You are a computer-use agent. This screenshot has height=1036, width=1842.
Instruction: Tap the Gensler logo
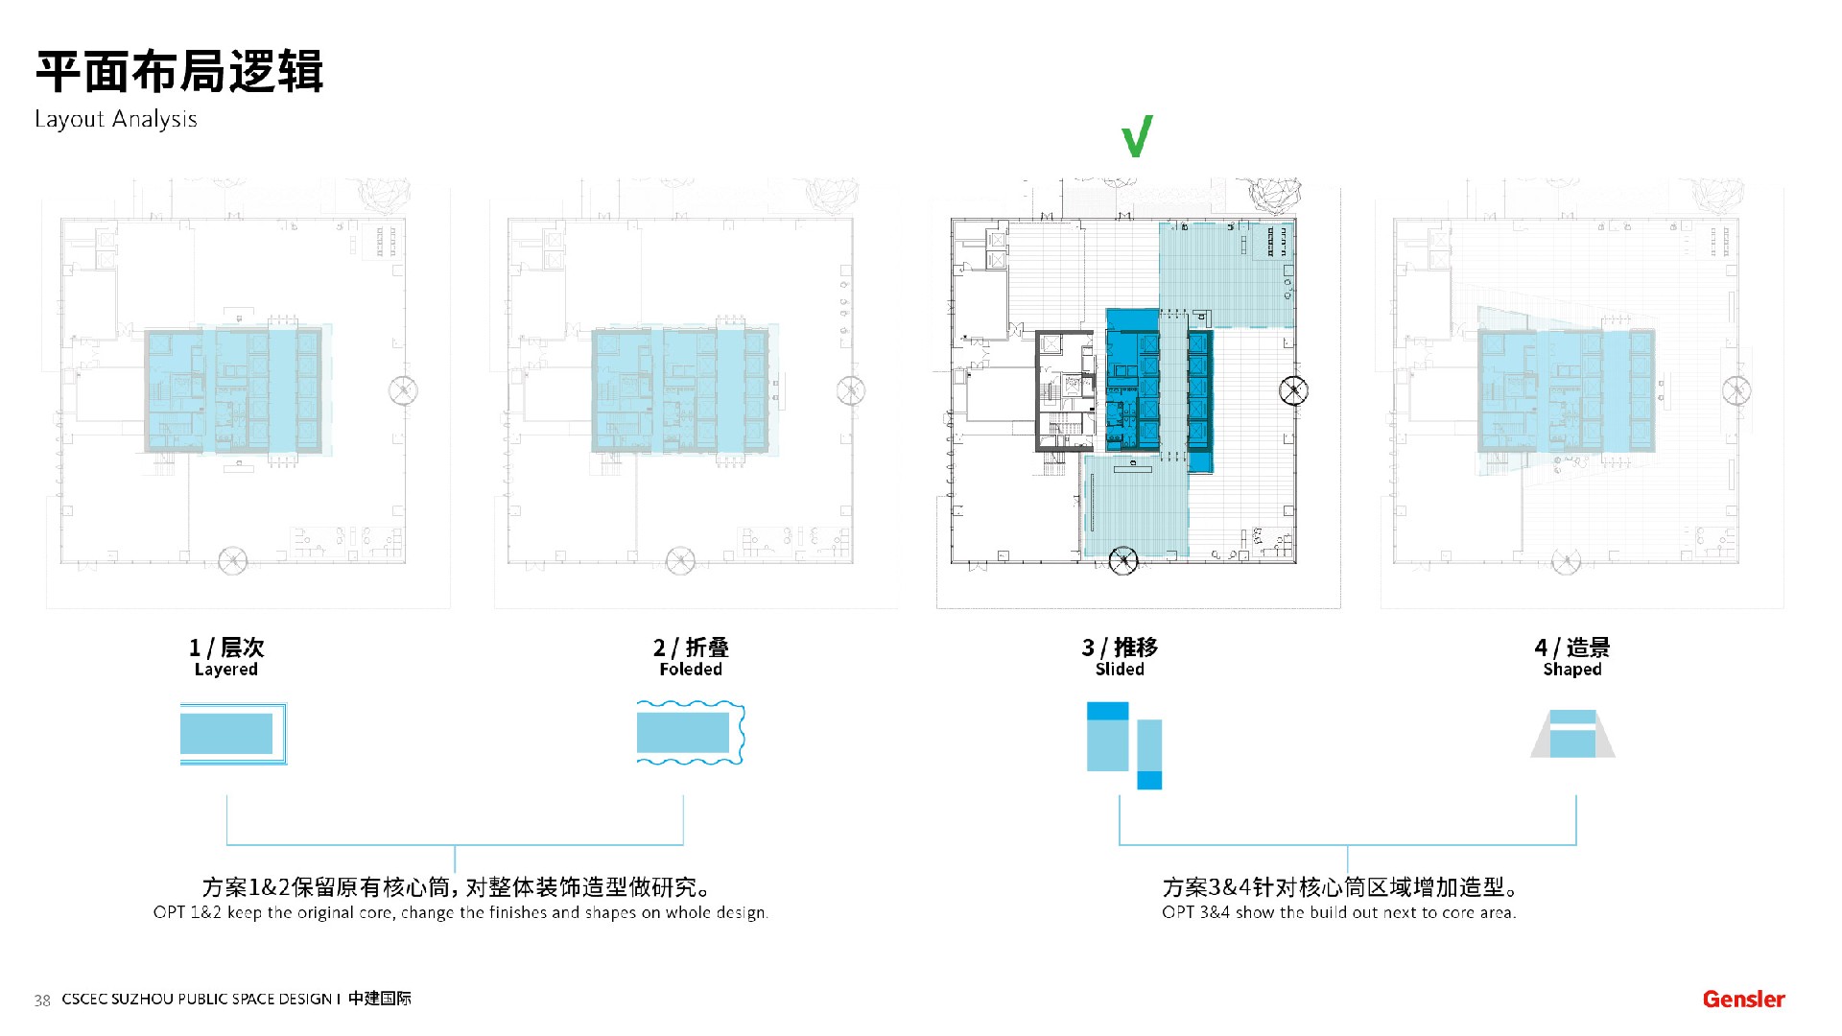1743,999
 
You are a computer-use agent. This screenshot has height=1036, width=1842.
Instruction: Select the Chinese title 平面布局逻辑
179,72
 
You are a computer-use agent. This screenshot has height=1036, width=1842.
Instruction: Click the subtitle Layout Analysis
116,119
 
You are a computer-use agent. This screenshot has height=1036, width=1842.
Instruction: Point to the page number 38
42,1001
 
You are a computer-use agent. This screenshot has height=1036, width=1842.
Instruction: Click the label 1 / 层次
226,647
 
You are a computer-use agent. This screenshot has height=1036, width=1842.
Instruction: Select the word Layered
226,670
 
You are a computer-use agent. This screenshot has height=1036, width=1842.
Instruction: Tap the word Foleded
691,670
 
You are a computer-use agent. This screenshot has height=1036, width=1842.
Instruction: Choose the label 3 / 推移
1120,647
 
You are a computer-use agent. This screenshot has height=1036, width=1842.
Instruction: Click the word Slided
1120,670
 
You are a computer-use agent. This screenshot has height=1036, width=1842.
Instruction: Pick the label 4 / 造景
1572,647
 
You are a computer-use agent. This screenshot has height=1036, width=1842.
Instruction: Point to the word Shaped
1572,670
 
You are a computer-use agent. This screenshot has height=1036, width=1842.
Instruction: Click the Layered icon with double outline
233,734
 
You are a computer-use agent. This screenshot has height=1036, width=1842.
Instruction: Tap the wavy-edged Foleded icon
691,733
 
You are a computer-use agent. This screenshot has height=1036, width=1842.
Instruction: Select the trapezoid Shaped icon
1572,734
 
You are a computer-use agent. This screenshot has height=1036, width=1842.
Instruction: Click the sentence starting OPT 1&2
460,912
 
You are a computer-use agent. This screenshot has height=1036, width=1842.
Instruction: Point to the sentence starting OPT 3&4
1338,912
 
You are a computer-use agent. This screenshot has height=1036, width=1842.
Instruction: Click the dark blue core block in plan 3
1133,379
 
